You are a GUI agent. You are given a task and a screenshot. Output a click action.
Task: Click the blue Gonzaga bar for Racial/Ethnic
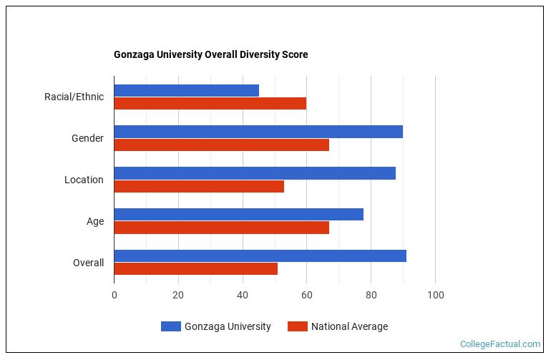coord(186,90)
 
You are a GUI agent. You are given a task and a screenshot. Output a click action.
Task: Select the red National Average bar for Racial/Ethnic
coord(210,103)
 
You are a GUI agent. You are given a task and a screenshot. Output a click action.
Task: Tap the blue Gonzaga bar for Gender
coord(258,132)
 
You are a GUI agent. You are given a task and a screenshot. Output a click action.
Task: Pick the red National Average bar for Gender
coord(221,145)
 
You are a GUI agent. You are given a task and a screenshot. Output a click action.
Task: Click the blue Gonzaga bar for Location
coord(255,173)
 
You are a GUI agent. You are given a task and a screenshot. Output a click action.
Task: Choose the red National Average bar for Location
coord(199,186)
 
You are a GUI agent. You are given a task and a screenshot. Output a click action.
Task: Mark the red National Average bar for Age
coord(221,228)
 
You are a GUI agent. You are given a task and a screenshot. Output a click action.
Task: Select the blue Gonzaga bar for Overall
coord(260,256)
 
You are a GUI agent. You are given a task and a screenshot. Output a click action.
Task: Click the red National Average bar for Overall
coord(195,269)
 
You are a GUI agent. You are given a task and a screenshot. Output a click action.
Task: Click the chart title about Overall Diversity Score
coord(210,54)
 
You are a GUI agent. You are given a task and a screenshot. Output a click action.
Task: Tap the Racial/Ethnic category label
coord(74,97)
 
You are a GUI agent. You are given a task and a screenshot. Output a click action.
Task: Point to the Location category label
coord(84,180)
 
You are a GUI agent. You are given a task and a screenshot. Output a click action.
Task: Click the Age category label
coord(95,221)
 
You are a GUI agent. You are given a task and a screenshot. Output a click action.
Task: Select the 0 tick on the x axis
coord(114,295)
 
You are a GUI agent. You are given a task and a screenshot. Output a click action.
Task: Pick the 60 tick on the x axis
coord(307,295)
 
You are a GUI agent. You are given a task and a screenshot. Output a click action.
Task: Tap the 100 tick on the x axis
coord(435,295)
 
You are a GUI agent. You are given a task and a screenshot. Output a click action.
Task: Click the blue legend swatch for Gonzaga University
coord(170,326)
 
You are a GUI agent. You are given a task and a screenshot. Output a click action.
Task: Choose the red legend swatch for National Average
coord(297,326)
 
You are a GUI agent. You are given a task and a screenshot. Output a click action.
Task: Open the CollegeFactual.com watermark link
coord(500,344)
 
